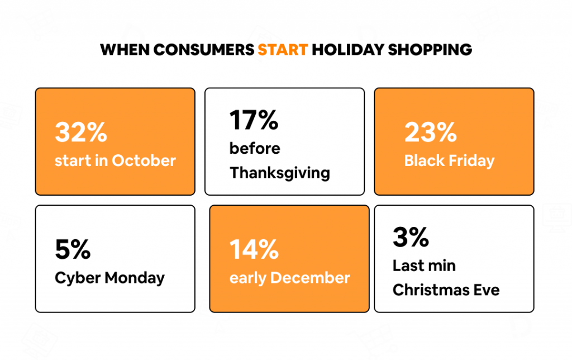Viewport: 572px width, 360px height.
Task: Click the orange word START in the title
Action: (282, 50)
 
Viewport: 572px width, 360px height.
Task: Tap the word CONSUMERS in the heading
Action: (203, 50)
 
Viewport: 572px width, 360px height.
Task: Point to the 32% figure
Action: (80, 132)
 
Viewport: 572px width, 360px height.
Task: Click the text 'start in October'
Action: (115, 161)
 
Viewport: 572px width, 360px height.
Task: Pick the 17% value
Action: (254, 120)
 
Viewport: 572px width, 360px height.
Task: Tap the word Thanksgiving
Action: (279, 173)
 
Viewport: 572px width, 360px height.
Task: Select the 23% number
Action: (430, 132)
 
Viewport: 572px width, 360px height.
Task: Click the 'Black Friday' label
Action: (449, 161)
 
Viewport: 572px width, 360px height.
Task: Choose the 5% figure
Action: (73, 249)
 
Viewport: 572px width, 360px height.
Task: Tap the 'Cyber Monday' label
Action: (109, 278)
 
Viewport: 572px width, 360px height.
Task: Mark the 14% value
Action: (254, 249)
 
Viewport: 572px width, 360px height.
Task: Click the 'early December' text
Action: (289, 278)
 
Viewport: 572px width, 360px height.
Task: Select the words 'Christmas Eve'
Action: (446, 290)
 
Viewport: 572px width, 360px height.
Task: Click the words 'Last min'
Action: (424, 266)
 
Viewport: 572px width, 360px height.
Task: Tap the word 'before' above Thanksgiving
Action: (255, 149)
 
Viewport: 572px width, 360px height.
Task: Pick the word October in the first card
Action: (144, 161)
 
